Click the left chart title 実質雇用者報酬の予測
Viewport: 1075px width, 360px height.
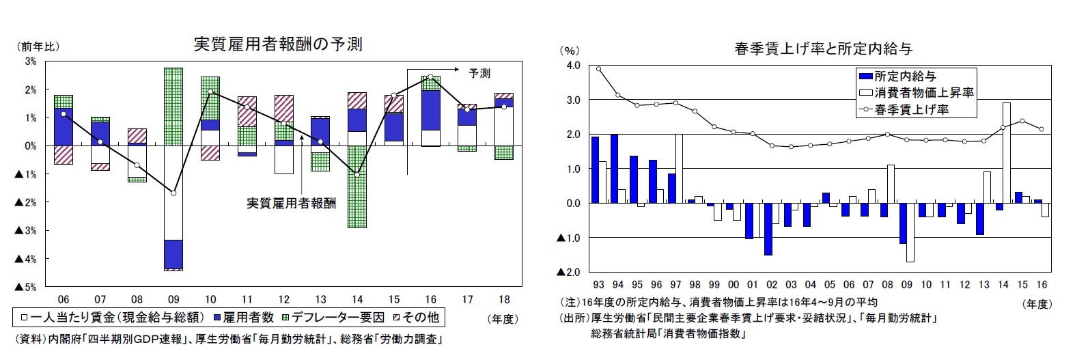click(277, 45)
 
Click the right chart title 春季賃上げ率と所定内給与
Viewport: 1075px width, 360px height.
click(823, 49)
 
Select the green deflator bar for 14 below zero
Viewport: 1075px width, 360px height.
click(356, 198)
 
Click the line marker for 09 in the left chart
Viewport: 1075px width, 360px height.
click(173, 193)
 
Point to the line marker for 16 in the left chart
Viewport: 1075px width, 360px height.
click(430, 77)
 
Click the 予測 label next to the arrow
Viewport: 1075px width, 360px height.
click(479, 73)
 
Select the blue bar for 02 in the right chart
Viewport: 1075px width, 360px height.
click(768, 229)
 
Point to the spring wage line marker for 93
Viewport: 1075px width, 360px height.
click(598, 68)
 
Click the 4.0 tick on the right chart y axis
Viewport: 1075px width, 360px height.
click(572, 66)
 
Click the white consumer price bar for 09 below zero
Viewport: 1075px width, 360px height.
click(910, 232)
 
